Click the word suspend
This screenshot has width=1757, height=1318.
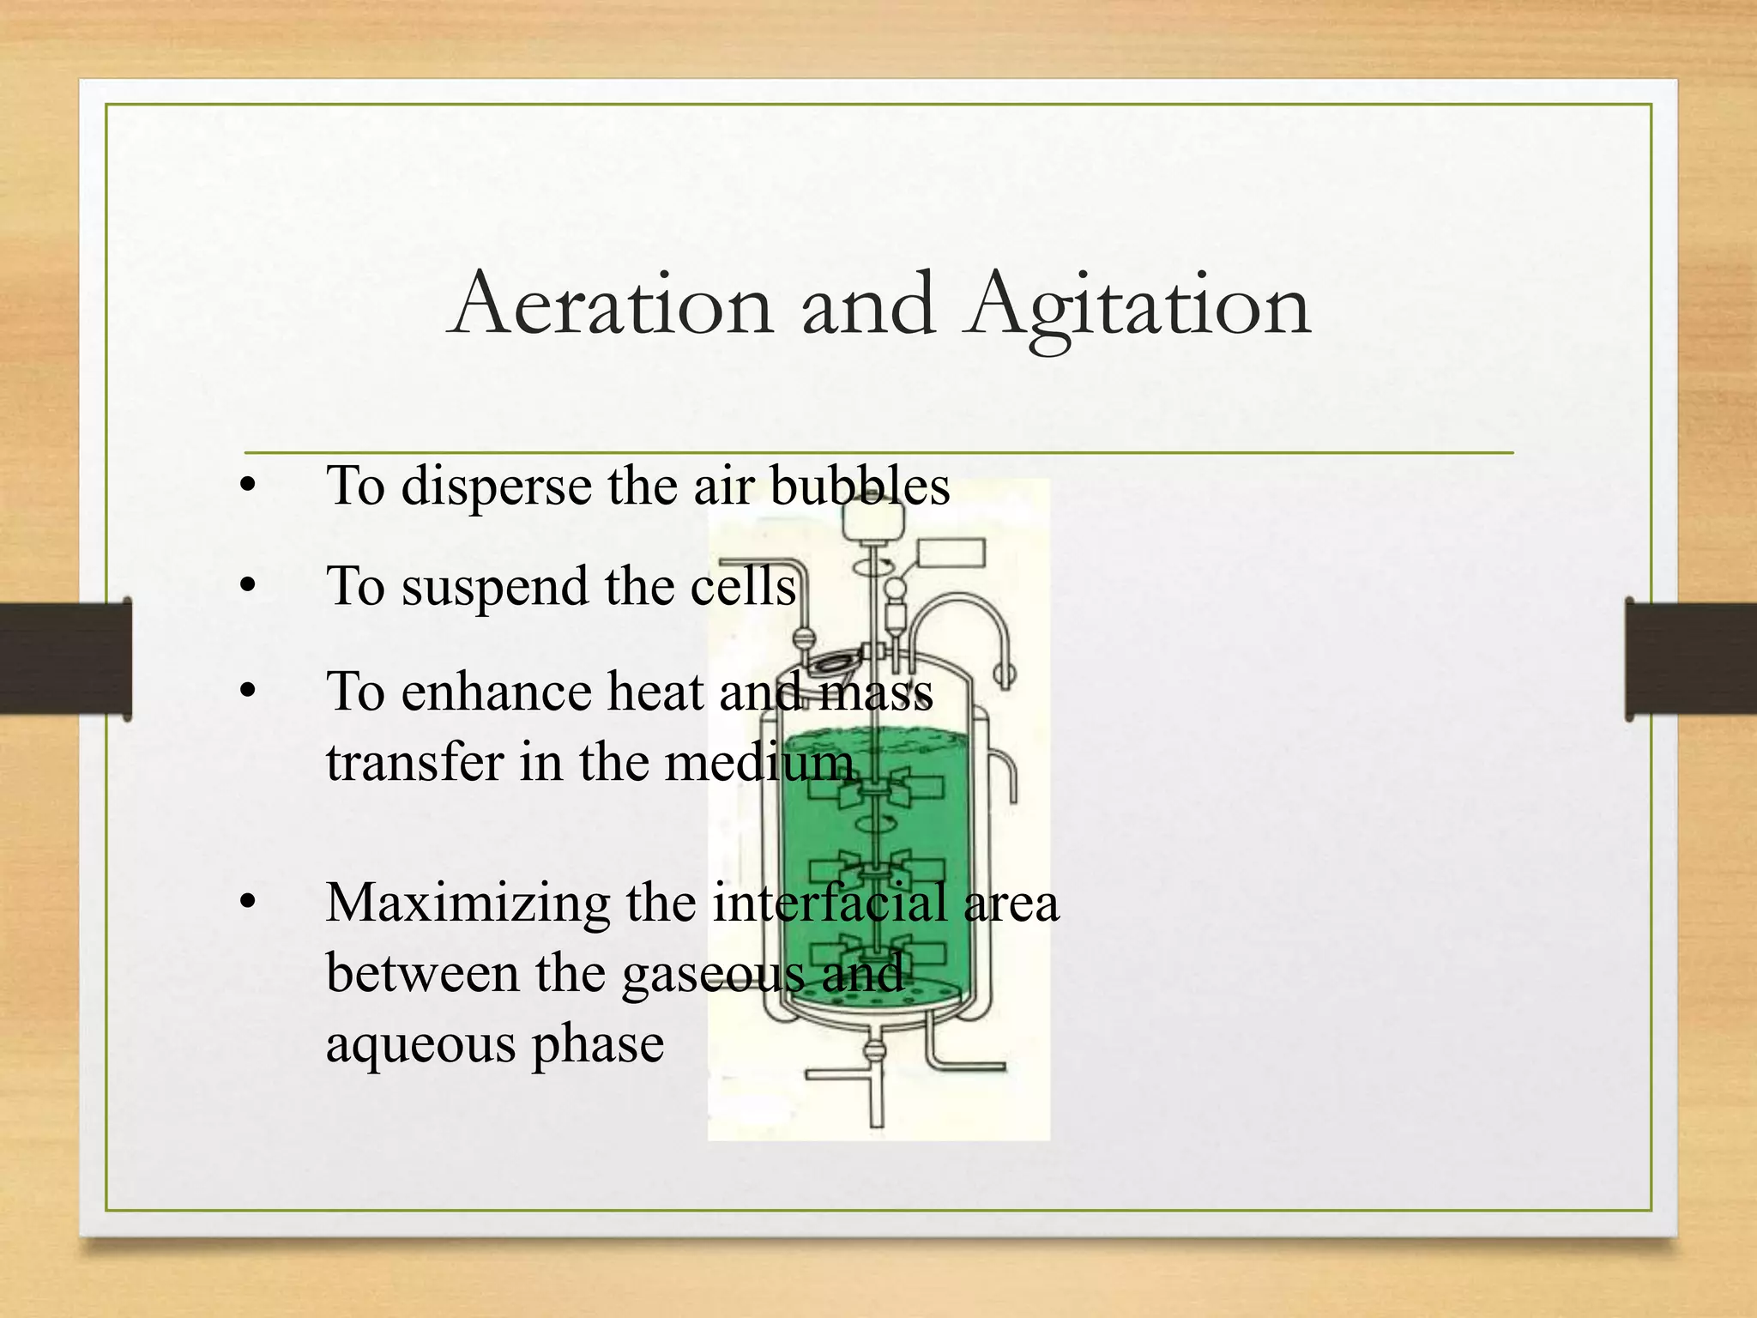pos(495,589)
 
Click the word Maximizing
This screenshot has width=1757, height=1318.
pos(467,904)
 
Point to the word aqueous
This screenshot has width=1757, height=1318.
pos(420,1046)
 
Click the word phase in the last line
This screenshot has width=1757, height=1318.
pos(598,1046)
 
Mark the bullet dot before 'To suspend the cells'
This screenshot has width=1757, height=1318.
pos(248,587)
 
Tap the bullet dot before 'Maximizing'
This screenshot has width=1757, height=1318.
pos(248,902)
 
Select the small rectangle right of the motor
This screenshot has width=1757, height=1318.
pos(951,553)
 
